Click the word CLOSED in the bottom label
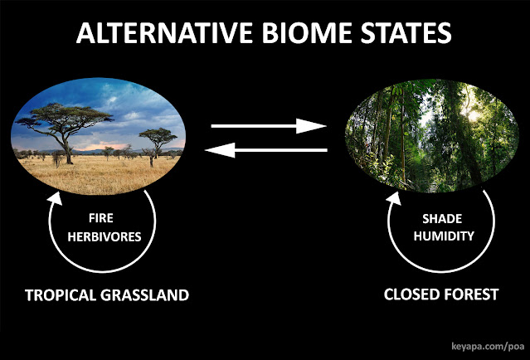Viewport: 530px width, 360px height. point(411,295)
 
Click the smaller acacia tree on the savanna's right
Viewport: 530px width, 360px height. point(156,138)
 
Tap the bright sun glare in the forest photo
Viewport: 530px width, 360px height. point(475,115)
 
